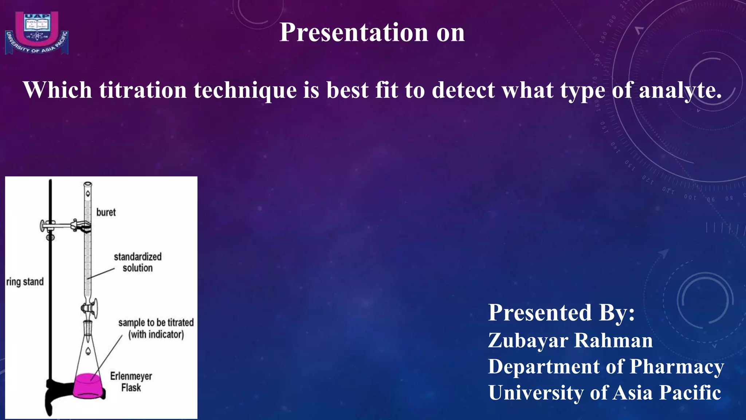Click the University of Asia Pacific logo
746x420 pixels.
[36, 33]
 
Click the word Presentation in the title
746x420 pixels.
[354, 32]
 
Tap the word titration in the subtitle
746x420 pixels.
[143, 90]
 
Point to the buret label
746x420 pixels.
[106, 212]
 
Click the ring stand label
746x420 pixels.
[25, 282]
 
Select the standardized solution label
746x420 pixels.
[137, 262]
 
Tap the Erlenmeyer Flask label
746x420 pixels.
[131, 382]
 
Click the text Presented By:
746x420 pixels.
[561, 312]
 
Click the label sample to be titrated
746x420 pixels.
[156, 323]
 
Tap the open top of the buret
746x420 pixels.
[88, 184]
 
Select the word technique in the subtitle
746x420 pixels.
[245, 90]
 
